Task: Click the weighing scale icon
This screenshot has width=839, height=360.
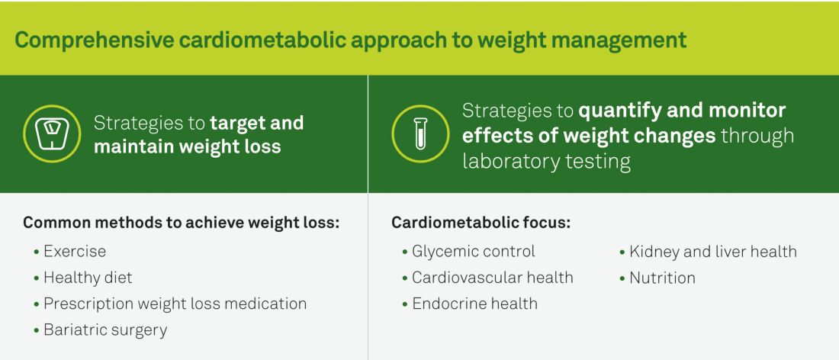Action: [x=52, y=133]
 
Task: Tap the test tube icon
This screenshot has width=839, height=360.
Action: [x=421, y=133]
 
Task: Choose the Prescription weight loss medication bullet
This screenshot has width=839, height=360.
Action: [x=170, y=304]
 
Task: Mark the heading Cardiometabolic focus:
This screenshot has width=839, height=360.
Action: [x=481, y=223]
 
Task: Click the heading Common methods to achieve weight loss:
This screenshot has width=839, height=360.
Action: [x=182, y=223]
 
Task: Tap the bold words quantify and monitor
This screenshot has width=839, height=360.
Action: [x=682, y=111]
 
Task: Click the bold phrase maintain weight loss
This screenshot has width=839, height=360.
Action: [x=188, y=146]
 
